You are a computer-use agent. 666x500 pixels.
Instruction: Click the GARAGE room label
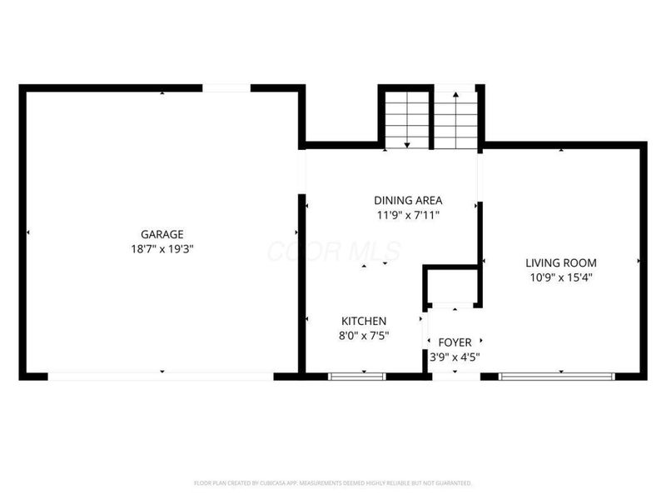pyautogui.click(x=162, y=234)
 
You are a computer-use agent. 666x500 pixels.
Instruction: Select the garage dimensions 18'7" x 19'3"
pyautogui.click(x=162, y=248)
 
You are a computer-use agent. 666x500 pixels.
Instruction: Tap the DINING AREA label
pyautogui.click(x=407, y=200)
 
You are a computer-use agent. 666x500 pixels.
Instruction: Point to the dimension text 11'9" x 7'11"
pyautogui.click(x=407, y=214)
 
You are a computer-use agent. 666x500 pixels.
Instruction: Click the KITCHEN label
pyautogui.click(x=364, y=321)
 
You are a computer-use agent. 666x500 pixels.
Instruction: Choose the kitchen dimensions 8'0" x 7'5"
pyautogui.click(x=364, y=335)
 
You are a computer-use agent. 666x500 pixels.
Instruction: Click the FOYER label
pyautogui.click(x=455, y=342)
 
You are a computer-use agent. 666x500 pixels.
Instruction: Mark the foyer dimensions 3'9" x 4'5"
pyautogui.click(x=455, y=357)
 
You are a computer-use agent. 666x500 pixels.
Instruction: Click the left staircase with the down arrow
pyautogui.click(x=406, y=119)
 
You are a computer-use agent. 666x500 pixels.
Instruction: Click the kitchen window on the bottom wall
pyautogui.click(x=357, y=377)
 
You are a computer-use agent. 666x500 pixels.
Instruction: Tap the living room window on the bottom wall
pyautogui.click(x=559, y=377)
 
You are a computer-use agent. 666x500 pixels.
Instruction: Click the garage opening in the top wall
pyautogui.click(x=226, y=87)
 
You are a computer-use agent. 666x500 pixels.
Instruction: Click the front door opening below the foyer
pyautogui.click(x=455, y=377)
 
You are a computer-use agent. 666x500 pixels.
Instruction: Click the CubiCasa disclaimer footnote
pyautogui.click(x=333, y=482)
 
